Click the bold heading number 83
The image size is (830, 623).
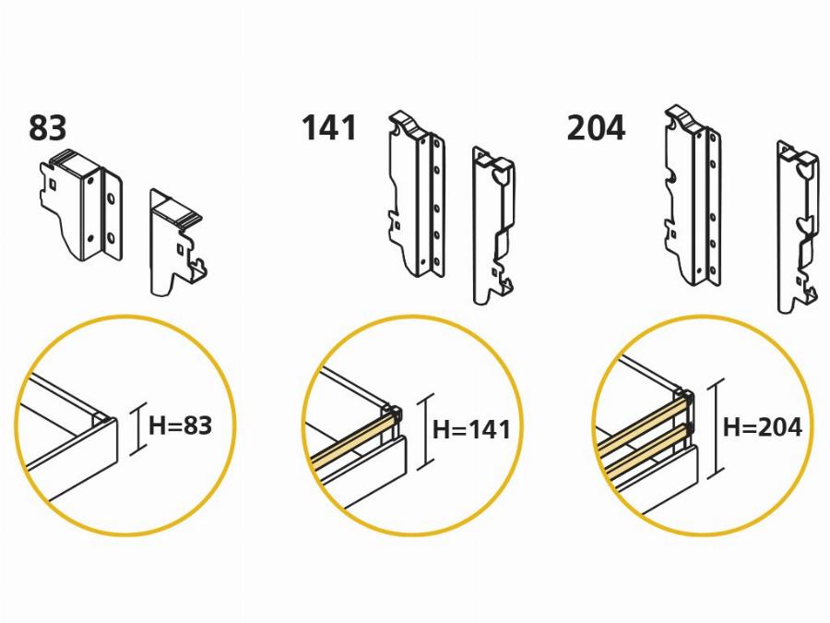[x=48, y=128]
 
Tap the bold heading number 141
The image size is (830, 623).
[x=329, y=128]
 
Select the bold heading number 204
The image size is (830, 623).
[x=596, y=128]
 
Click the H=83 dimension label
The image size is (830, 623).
[x=180, y=425]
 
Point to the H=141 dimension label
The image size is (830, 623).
[x=471, y=429]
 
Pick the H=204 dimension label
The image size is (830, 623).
[x=763, y=427]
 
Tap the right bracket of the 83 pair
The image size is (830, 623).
[x=176, y=242]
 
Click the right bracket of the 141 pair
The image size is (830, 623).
[x=493, y=226]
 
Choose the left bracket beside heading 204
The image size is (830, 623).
[x=693, y=196]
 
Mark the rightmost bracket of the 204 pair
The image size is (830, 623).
[x=798, y=227]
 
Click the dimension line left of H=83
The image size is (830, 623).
[x=138, y=428]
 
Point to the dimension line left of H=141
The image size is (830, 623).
[x=425, y=432]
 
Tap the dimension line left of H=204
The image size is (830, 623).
[x=716, y=429]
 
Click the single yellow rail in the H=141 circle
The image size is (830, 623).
[x=352, y=442]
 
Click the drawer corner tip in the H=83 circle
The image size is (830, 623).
[x=113, y=419]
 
